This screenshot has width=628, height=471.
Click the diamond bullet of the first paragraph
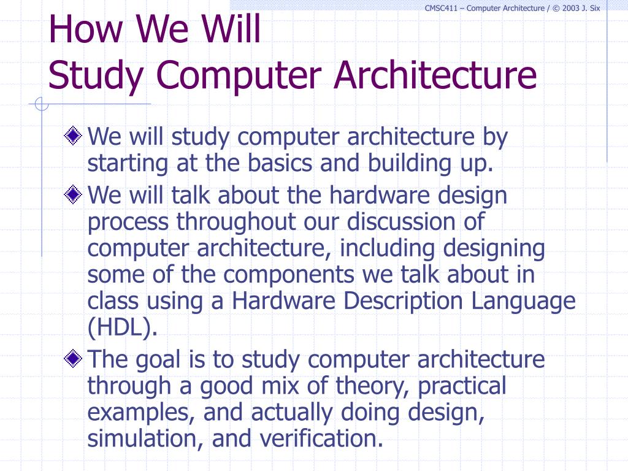pos(74,136)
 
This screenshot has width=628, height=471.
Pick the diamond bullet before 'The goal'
pos(74,358)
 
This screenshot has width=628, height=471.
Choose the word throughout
pos(237,221)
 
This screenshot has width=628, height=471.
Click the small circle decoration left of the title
pos(42,105)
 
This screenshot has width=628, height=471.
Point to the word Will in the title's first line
pos(229,29)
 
